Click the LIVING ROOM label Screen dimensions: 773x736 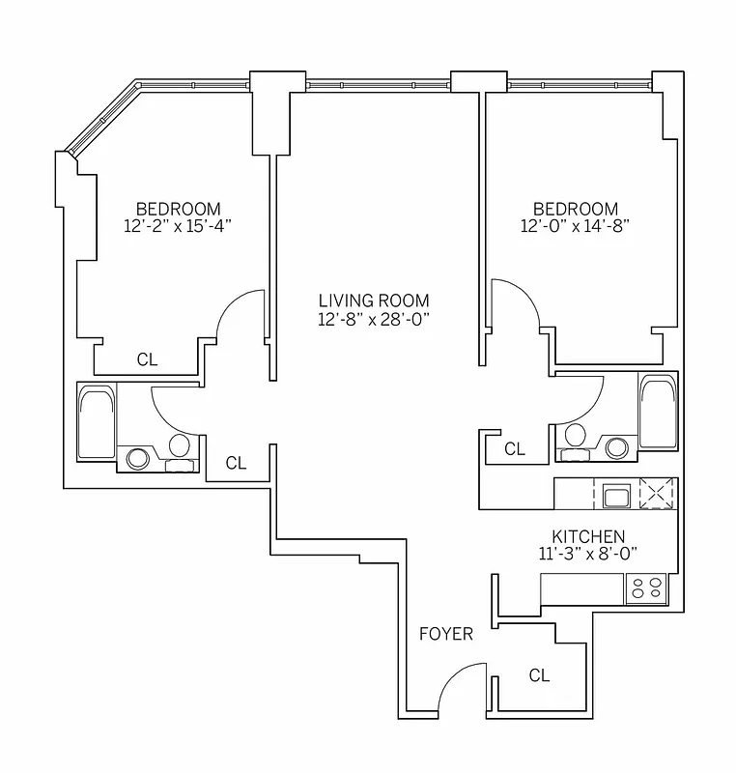[374, 301]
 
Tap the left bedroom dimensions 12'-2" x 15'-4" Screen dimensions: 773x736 [178, 226]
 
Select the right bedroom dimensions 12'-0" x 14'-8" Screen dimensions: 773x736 [575, 226]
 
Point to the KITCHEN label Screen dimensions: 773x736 [588, 536]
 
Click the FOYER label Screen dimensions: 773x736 [446, 634]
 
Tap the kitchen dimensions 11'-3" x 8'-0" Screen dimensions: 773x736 [588, 555]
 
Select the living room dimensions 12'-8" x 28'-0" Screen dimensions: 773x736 [374, 319]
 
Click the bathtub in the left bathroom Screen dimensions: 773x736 [96, 421]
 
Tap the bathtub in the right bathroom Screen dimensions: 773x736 [658, 412]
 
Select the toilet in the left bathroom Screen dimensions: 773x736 [179, 448]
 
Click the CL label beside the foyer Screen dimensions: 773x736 [539, 676]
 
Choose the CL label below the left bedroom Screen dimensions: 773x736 [147, 360]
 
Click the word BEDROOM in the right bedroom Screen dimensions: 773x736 [575, 209]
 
